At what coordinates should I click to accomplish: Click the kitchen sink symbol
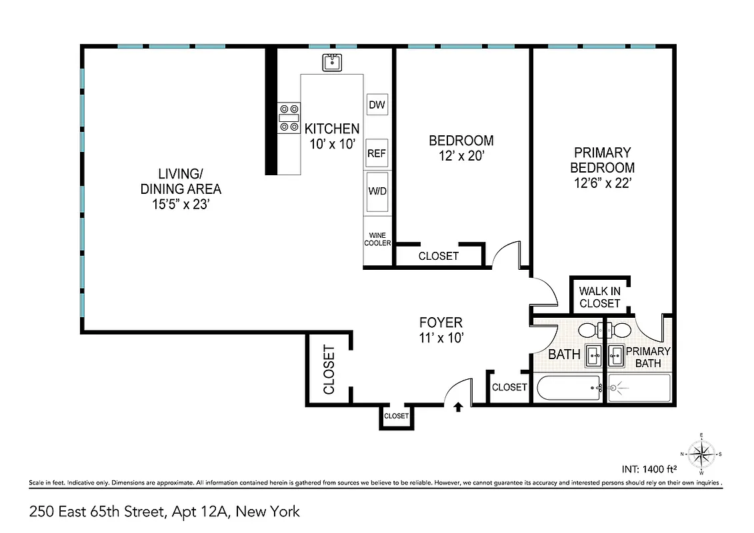[x=332, y=63]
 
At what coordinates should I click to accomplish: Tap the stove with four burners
[x=289, y=117]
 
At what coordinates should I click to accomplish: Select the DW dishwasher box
[x=377, y=105]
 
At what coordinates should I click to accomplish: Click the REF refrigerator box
[x=377, y=153]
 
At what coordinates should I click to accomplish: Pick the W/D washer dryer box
[x=377, y=191]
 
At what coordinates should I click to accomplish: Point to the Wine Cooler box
[x=377, y=239]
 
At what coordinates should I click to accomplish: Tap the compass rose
[x=701, y=454]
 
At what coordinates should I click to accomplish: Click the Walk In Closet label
[x=599, y=297]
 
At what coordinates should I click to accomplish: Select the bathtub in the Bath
[x=567, y=388]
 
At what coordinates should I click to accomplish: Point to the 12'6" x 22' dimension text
[x=602, y=183]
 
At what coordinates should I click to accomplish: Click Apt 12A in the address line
[x=201, y=512]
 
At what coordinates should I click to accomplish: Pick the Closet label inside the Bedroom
[x=438, y=256]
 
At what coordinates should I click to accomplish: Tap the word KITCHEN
[x=331, y=129]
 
